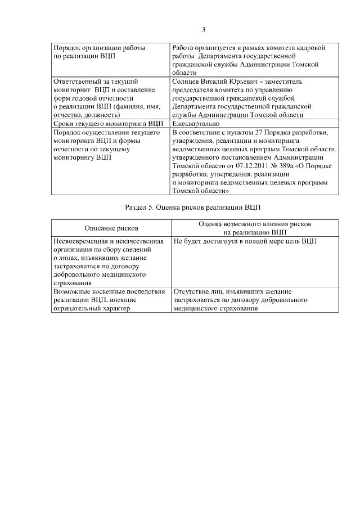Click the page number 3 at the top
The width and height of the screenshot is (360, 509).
tap(203, 30)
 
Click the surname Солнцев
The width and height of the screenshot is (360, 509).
tap(187, 82)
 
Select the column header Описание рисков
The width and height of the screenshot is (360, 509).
tap(111, 228)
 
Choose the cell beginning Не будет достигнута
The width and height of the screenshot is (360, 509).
tap(245, 241)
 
